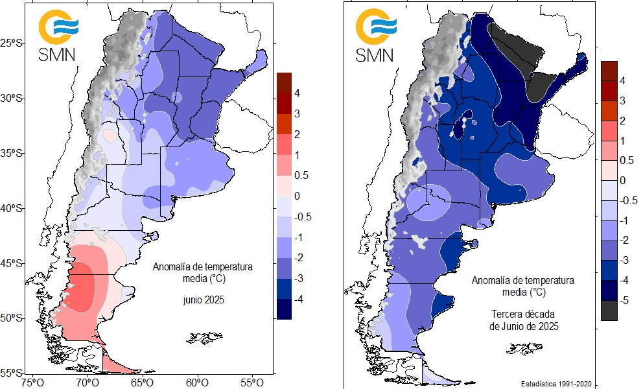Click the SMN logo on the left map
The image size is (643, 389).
tap(57, 35)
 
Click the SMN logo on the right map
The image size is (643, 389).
tap(375, 35)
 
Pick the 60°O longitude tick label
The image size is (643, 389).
tap(196, 382)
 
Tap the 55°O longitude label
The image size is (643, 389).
tap(251, 382)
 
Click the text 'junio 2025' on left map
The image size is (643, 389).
tap(203, 300)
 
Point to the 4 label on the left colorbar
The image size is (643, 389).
tap(296, 93)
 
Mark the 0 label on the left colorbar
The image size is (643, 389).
tap(296, 196)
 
